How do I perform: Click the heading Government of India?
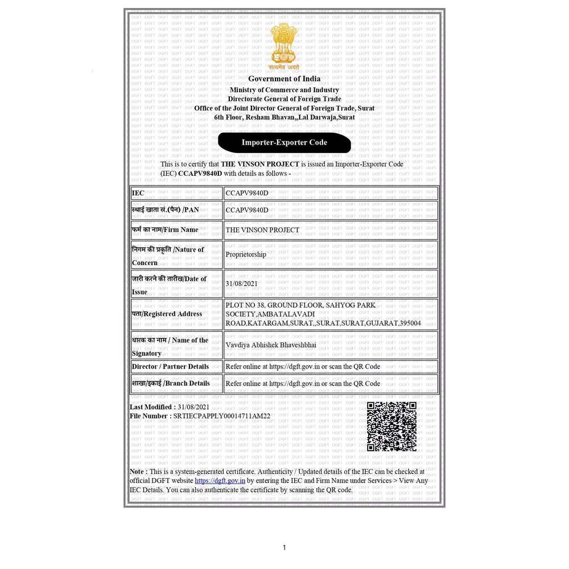[284, 79]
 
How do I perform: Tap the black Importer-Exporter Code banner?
[284, 142]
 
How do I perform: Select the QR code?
[391, 426]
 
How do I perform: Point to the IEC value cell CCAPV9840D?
[247, 193]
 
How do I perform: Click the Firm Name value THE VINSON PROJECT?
[262, 230]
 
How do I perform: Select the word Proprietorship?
[246, 254]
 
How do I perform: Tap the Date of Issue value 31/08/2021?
[242, 283]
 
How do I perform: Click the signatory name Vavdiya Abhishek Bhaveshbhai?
[271, 345]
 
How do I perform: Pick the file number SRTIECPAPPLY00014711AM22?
[221, 416]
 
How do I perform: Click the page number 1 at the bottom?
[284, 548]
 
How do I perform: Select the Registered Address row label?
[167, 314]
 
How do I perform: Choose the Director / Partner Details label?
[171, 366]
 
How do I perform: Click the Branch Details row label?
[171, 384]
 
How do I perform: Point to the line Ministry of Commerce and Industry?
[284, 90]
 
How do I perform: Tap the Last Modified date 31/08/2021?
[193, 407]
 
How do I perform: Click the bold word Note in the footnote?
[138, 472]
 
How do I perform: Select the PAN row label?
[166, 210]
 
